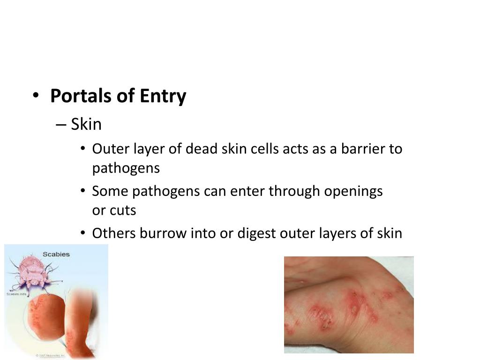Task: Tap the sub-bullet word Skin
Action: point(86,124)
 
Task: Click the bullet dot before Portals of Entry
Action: point(36,96)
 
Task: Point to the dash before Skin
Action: point(61,125)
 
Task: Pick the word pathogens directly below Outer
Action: point(126,168)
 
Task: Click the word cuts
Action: point(123,210)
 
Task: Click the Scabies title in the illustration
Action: point(56,254)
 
